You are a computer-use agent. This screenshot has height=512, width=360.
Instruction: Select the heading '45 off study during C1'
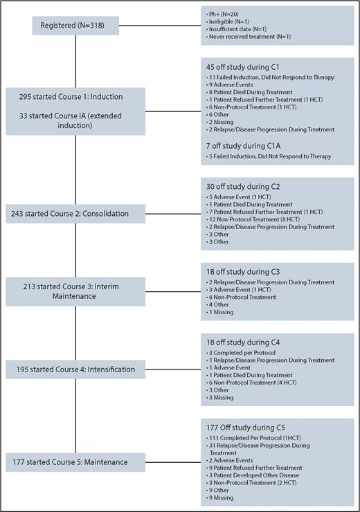pos(240,68)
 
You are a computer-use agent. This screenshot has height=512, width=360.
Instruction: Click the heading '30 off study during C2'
pos(240,185)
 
